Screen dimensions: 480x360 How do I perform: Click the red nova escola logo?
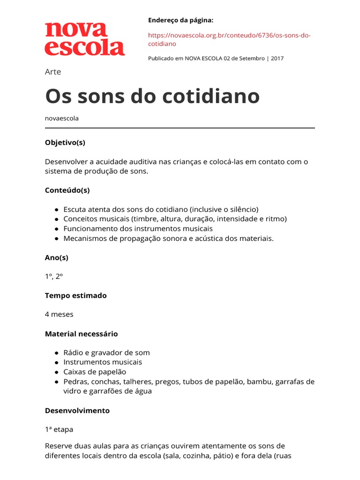click(x=85, y=39)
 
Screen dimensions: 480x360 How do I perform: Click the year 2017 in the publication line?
click(x=277, y=59)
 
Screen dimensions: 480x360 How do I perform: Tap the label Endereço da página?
click(x=180, y=20)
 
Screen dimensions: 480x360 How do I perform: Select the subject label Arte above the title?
click(x=53, y=72)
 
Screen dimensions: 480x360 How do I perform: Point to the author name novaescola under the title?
click(x=62, y=118)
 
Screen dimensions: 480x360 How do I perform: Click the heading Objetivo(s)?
click(x=65, y=142)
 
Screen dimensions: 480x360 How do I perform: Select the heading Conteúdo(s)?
click(x=67, y=190)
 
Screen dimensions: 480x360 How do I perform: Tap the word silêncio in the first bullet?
click(x=242, y=210)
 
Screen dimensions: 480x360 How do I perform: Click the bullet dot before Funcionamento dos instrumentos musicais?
click(x=56, y=229)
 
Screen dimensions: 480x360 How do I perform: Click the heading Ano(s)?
click(x=57, y=257)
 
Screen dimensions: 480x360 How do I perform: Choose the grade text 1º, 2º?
click(x=54, y=277)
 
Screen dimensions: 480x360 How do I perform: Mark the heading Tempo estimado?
click(x=76, y=295)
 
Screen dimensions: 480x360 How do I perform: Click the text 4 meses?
click(x=59, y=315)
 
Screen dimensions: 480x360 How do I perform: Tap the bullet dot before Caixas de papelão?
click(x=56, y=372)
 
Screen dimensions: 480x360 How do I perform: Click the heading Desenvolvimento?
click(x=77, y=411)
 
